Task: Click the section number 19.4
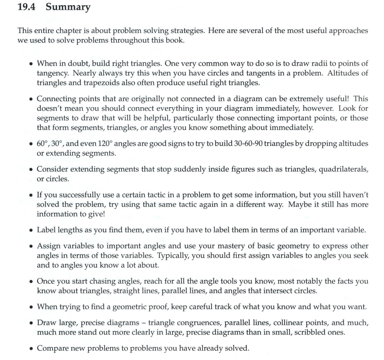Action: tap(27, 7)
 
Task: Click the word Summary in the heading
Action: tap(68, 8)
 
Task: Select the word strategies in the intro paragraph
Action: tap(186, 31)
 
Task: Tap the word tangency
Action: tap(51, 73)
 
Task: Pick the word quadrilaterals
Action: tap(343, 169)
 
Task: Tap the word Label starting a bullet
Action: tap(46, 230)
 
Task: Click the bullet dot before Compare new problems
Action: tap(31, 348)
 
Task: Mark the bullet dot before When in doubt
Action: tap(31, 64)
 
